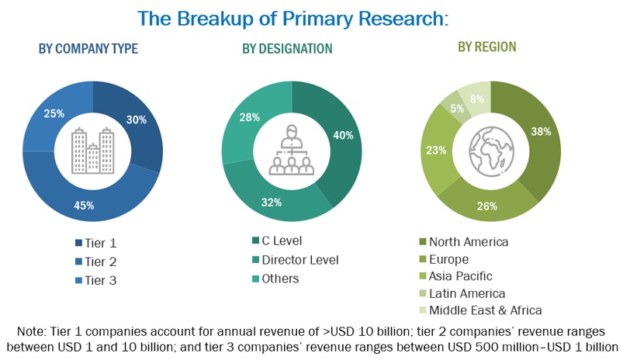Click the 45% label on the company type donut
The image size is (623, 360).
click(x=85, y=205)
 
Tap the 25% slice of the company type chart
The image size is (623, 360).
click(x=54, y=113)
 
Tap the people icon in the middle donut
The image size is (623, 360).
click(x=292, y=151)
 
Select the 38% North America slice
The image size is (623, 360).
click(x=541, y=132)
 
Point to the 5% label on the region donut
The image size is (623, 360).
click(x=457, y=108)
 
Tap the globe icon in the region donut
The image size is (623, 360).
click(x=490, y=151)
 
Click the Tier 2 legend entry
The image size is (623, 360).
click(x=99, y=261)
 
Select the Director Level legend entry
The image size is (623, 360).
click(x=301, y=259)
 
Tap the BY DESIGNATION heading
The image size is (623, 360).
click(x=287, y=49)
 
